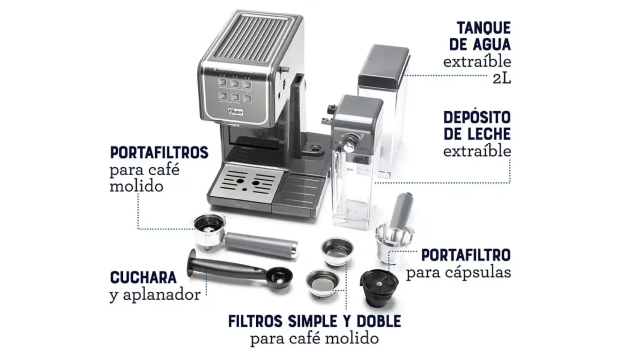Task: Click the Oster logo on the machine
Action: (236, 112)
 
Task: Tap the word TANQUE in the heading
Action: (484, 28)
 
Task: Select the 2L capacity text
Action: (502, 79)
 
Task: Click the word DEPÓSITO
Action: (477, 117)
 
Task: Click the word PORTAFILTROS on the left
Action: (159, 152)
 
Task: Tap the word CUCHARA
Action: (143, 277)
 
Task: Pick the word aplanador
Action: (162, 295)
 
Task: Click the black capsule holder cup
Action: (379, 288)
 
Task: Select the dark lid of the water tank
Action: (383, 65)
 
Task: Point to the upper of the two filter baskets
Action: (337, 250)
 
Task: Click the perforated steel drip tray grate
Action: (247, 182)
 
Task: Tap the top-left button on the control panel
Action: (222, 82)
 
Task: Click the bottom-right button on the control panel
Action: (247, 98)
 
